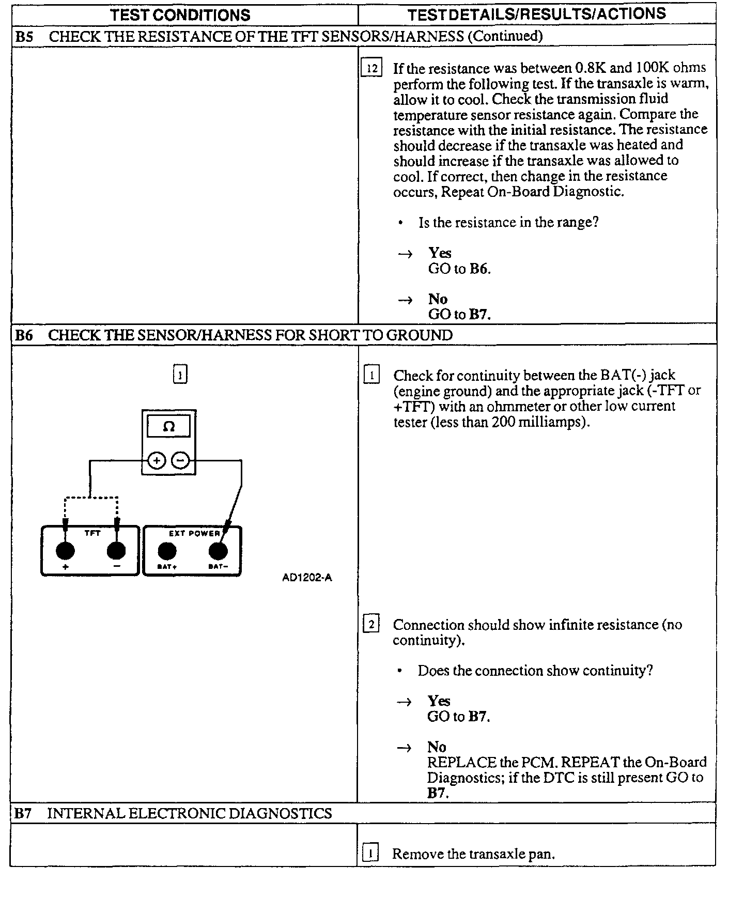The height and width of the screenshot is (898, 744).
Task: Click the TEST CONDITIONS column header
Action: (x=180, y=15)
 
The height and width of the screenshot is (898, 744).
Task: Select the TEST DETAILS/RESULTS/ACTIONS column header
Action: (x=536, y=14)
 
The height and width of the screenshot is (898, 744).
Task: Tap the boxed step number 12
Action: (x=371, y=68)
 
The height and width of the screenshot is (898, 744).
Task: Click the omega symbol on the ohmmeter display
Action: (x=168, y=427)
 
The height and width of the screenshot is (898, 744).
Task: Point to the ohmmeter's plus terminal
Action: (x=157, y=460)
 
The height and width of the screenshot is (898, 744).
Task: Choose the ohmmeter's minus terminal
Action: (x=180, y=460)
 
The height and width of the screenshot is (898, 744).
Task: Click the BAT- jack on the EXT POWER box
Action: (x=218, y=551)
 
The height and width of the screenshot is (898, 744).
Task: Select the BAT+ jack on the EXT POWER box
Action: (x=166, y=551)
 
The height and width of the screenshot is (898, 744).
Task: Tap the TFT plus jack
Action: (x=65, y=551)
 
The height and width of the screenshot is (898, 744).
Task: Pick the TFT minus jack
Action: (x=116, y=551)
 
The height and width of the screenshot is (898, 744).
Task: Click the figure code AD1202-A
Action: (x=307, y=578)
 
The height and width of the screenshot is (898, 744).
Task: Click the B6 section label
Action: (x=24, y=335)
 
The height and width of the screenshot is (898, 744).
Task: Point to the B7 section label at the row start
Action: (x=23, y=814)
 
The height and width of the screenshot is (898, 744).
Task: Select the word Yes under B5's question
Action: (x=440, y=253)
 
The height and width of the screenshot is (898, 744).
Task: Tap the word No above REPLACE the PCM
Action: (x=437, y=747)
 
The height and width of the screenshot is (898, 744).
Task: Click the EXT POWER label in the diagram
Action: (x=194, y=533)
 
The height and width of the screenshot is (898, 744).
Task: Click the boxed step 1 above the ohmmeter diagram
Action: (x=179, y=375)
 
